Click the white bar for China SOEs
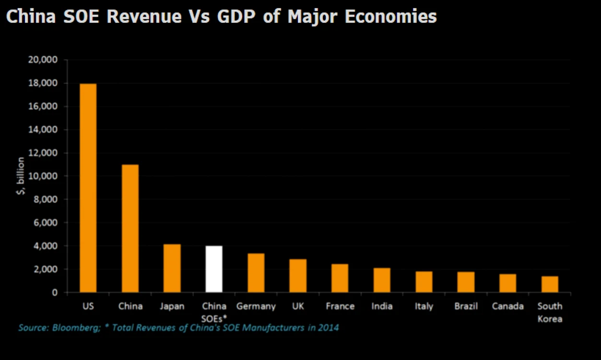(214, 269)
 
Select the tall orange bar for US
(88, 188)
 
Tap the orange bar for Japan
(172, 268)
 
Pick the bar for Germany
(256, 273)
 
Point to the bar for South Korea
(550, 284)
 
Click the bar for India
(382, 280)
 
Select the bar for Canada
(507, 283)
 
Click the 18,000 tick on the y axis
(43, 83)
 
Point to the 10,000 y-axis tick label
(43, 176)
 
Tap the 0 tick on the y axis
(55, 292)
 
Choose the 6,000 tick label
(46, 223)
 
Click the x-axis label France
(340, 306)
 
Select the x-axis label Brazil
(466, 306)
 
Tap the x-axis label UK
(298, 306)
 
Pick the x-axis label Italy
(424, 306)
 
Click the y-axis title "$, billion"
(21, 176)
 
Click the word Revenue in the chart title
(144, 16)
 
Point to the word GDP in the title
(236, 16)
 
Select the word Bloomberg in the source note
(76, 328)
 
